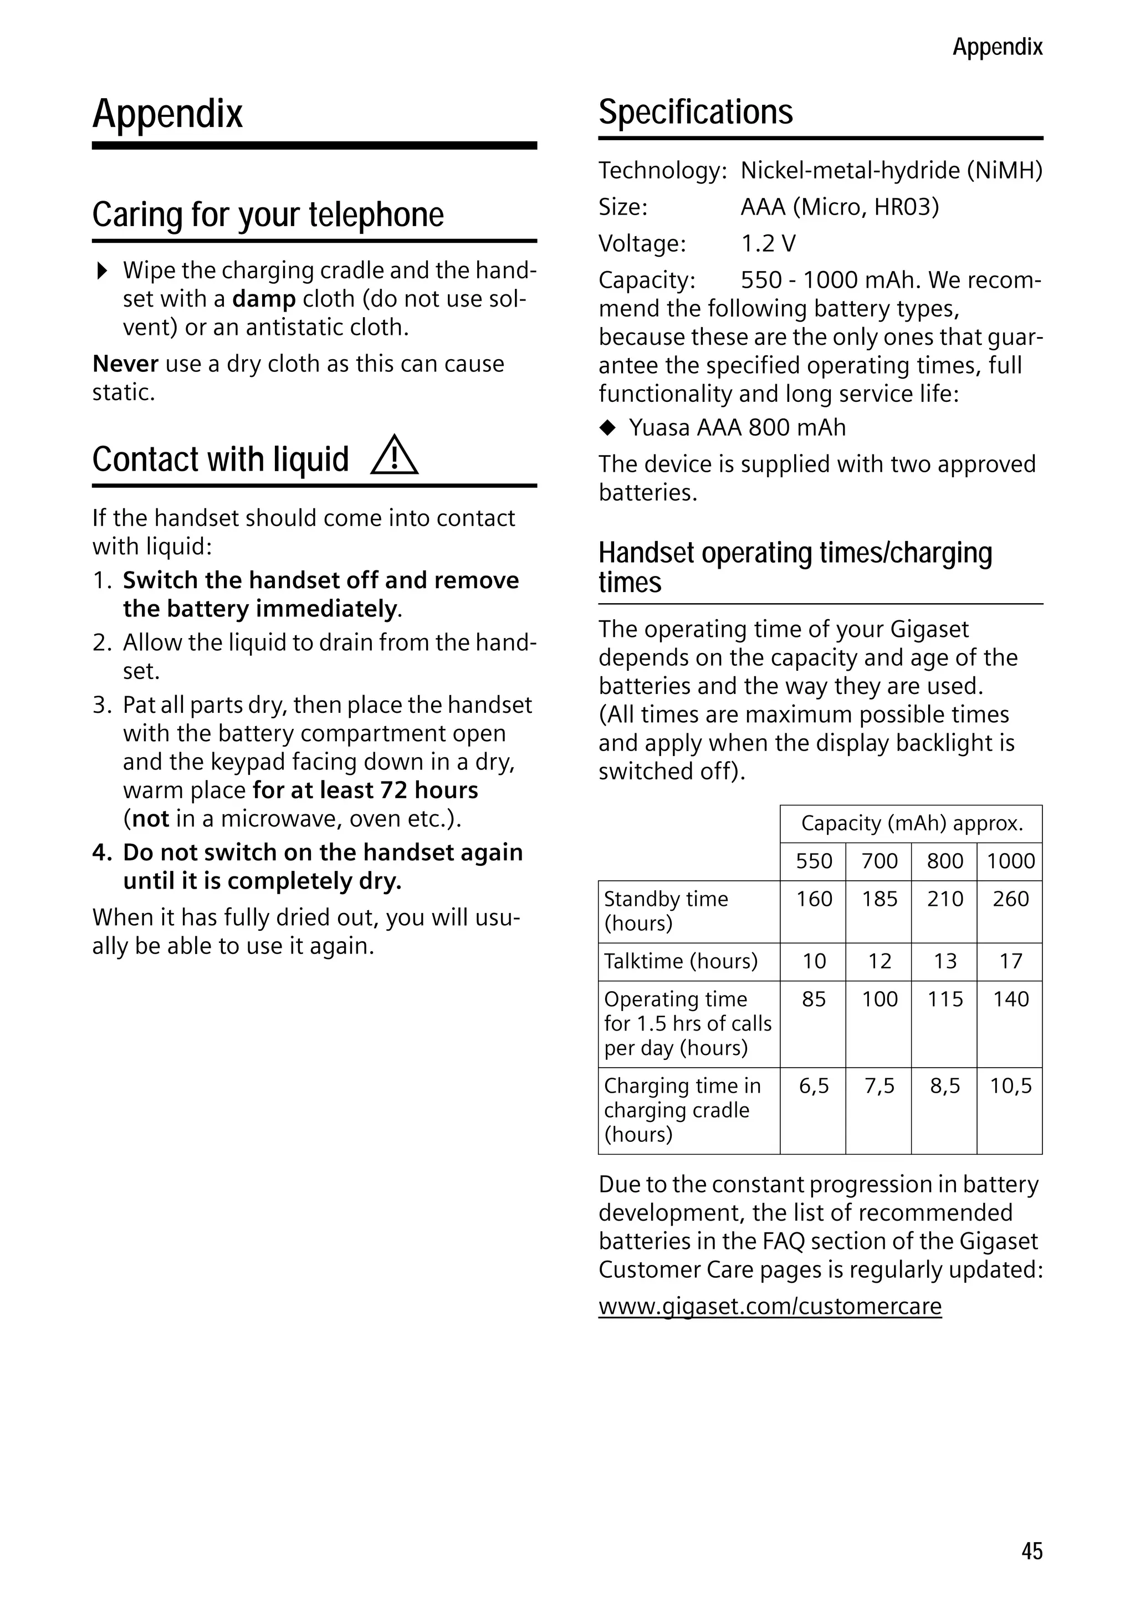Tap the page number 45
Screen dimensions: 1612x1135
tap(1031, 1551)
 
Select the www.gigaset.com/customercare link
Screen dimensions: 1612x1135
tap(769, 1307)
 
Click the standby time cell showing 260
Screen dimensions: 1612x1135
tap(1010, 899)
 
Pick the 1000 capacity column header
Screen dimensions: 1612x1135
tap(1010, 861)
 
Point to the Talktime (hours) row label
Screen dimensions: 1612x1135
tap(680, 961)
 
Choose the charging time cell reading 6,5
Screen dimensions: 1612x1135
tap(813, 1086)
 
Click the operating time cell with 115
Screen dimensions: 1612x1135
tap(944, 999)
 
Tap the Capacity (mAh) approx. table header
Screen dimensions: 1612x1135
tap(911, 824)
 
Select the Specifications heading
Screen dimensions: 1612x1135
tap(695, 113)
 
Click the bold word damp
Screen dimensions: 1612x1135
tap(264, 299)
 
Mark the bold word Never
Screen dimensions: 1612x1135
tap(125, 364)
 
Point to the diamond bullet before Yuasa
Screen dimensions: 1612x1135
tap(608, 427)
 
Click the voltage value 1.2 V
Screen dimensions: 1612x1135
tap(768, 243)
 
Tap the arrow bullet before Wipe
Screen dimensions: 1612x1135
tap(103, 271)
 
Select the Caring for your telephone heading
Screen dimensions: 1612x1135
tap(268, 215)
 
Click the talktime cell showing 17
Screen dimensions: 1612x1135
tap(1010, 961)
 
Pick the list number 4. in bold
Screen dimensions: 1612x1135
tap(102, 853)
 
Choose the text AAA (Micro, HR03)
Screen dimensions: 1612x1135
tap(839, 207)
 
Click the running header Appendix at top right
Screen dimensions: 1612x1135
tap(996, 47)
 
